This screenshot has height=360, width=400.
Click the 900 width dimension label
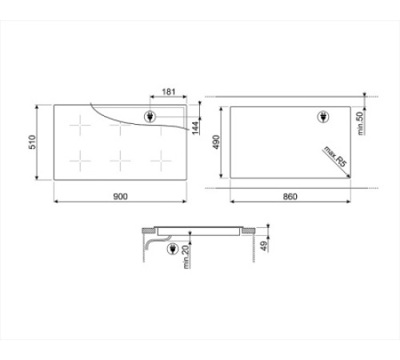tap(120, 197)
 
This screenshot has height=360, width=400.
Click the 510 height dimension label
tap(32, 142)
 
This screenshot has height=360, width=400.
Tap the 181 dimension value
tap(169, 92)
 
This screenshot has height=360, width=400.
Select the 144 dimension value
tap(195, 128)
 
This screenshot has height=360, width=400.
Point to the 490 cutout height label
tap(216, 142)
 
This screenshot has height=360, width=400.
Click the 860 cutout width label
tap(290, 197)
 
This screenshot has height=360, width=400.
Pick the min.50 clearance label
tap(360, 123)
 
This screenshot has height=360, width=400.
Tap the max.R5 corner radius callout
tap(335, 157)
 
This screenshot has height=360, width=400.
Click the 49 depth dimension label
tap(264, 246)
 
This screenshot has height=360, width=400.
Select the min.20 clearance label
tap(186, 257)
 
